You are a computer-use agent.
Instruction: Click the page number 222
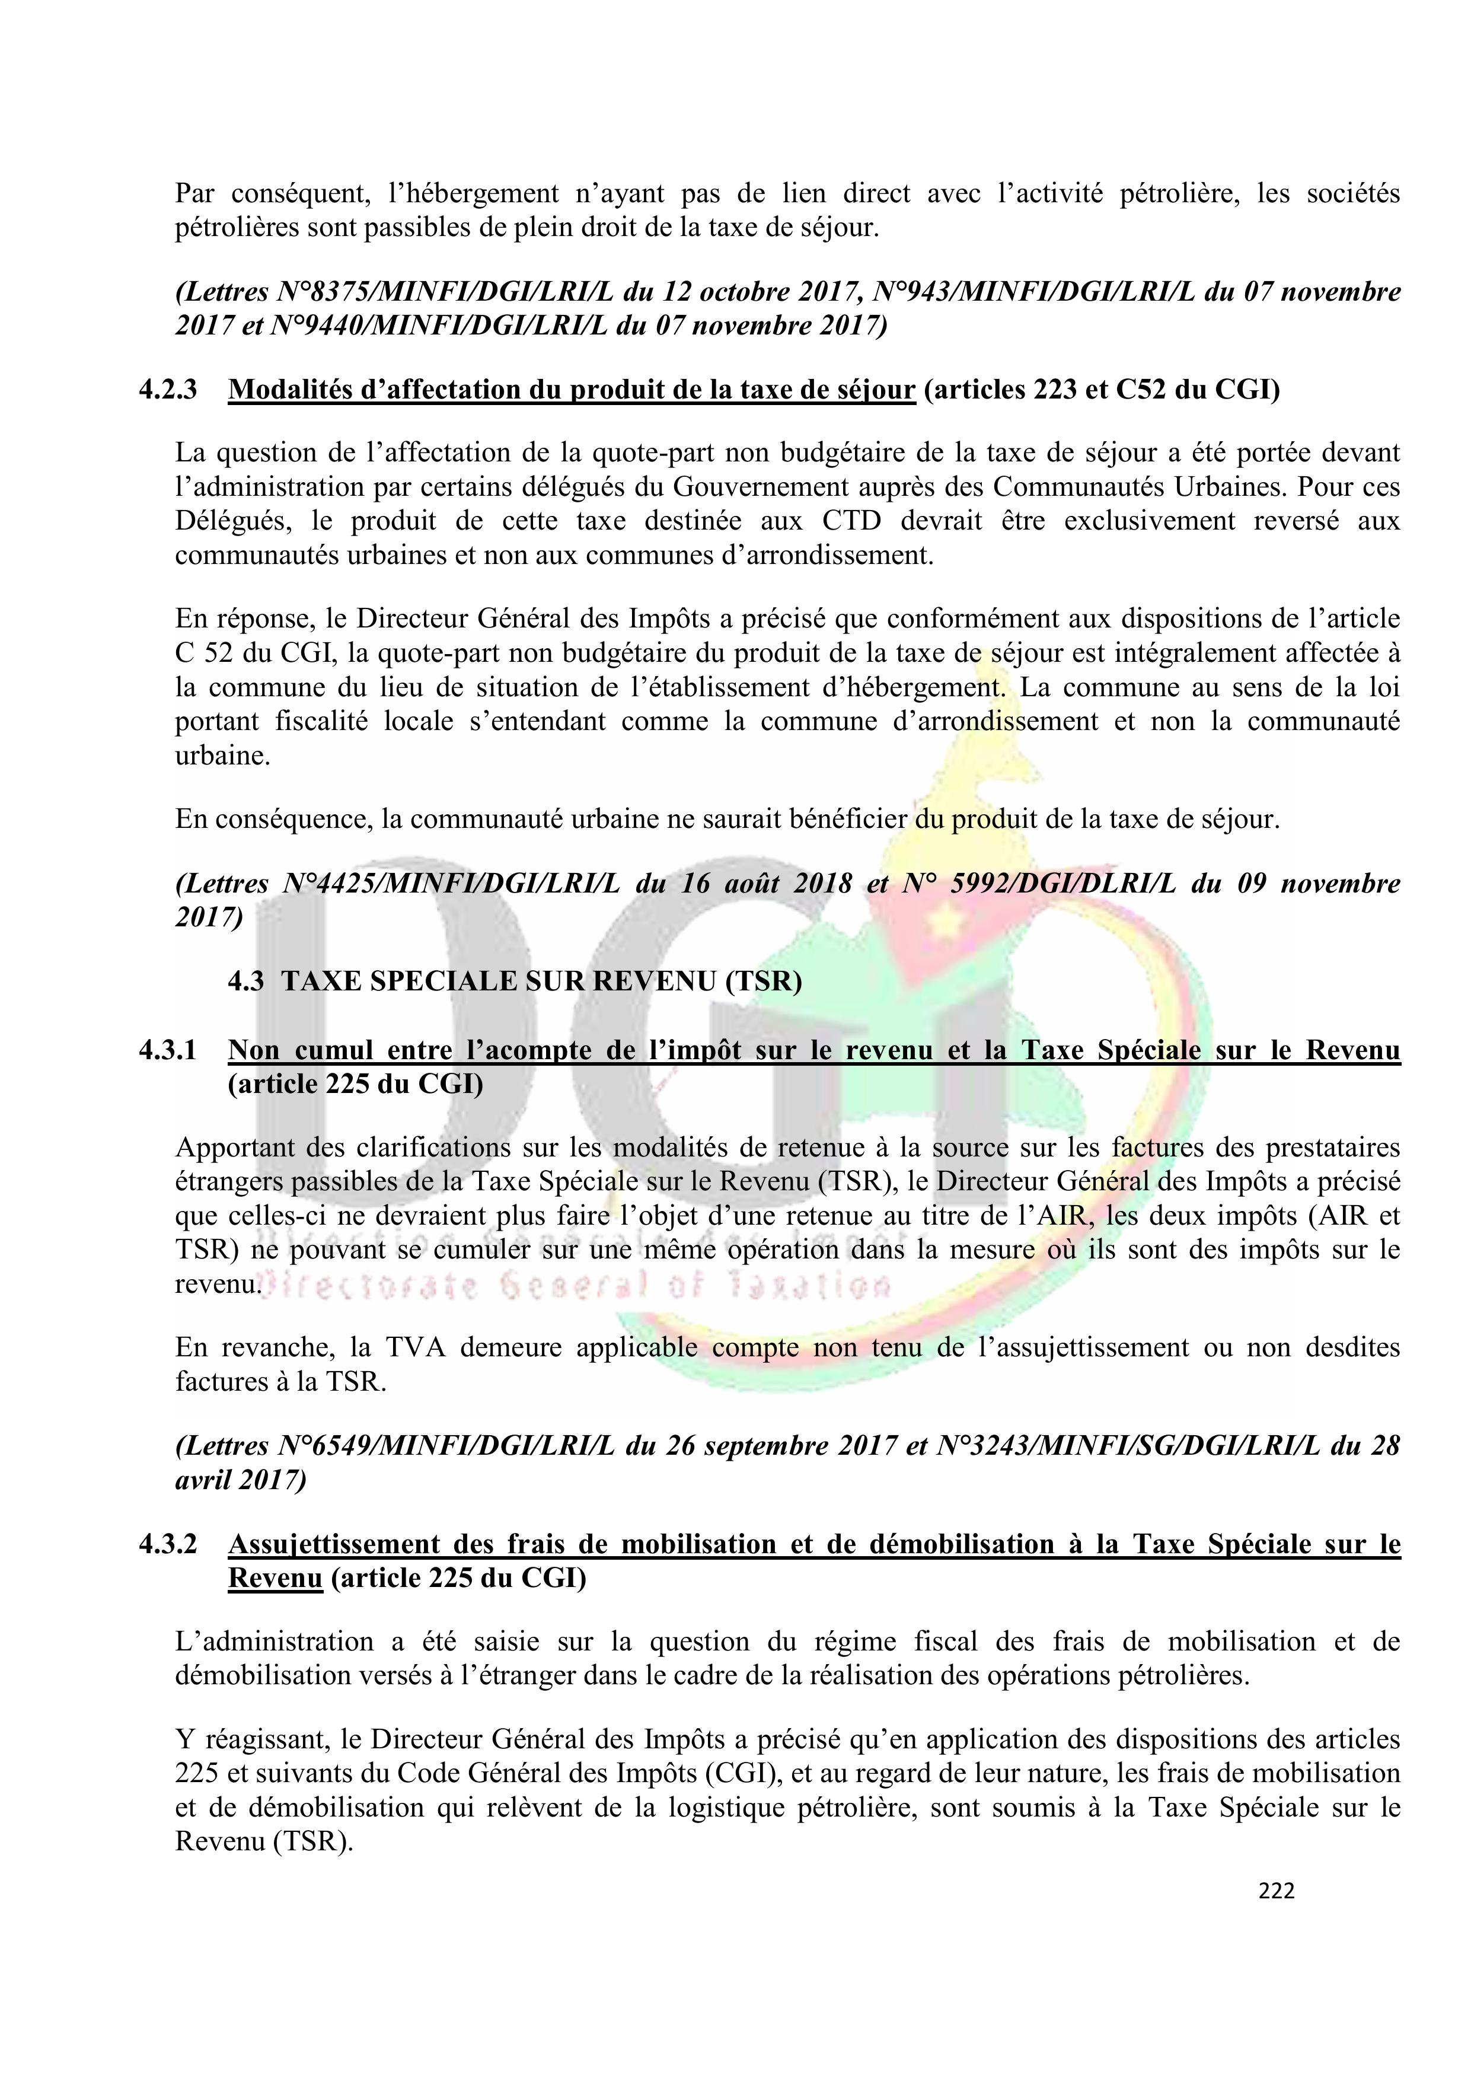tap(1276, 1891)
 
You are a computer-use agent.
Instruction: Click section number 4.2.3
tap(168, 390)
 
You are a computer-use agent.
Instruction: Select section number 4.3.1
tap(168, 1050)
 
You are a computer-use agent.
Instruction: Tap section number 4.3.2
tap(168, 1544)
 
